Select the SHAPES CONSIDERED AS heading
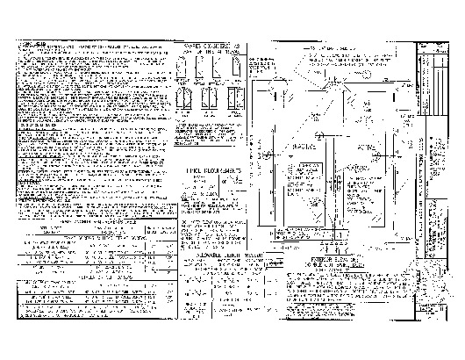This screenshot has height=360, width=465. click(211, 47)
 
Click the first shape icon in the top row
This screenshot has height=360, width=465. click(187, 66)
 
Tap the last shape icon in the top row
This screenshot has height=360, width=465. click(235, 66)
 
